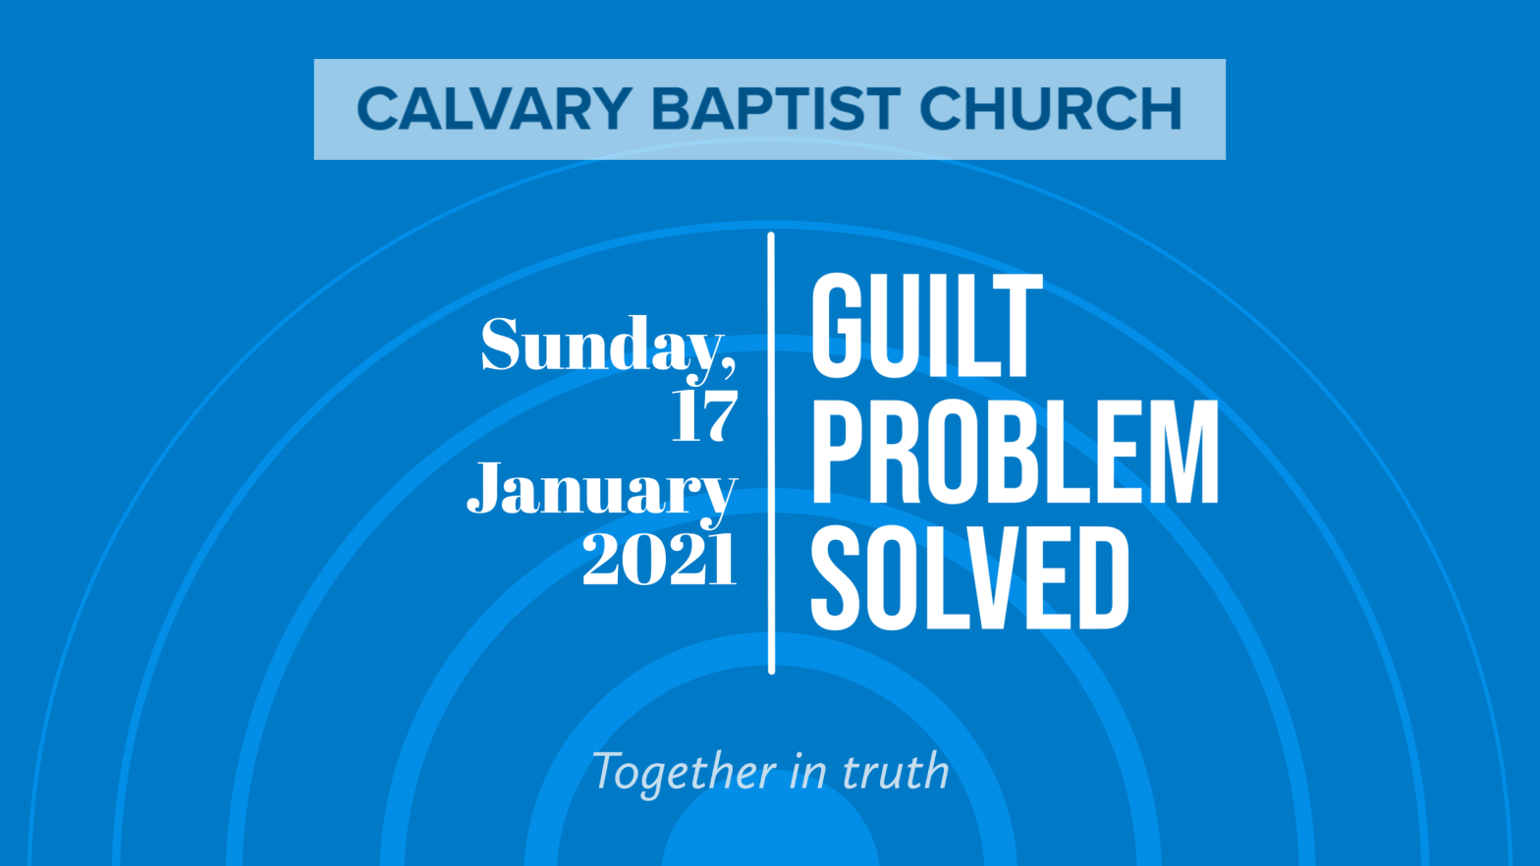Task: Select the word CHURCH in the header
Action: coord(1051,109)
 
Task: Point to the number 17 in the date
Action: coord(704,415)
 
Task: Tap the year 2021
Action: coord(659,560)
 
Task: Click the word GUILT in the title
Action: coord(927,325)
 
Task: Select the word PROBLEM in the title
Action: coord(1015,451)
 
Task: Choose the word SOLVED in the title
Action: coord(970,578)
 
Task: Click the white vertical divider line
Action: coord(771,453)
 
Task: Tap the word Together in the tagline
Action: coord(684,773)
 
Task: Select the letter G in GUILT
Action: coord(839,325)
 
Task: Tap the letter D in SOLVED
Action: coord(1100,578)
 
